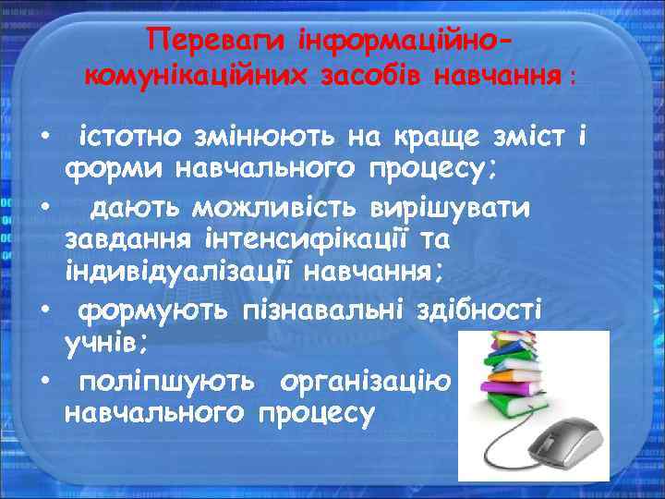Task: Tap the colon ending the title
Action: pyautogui.click(x=573, y=78)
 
